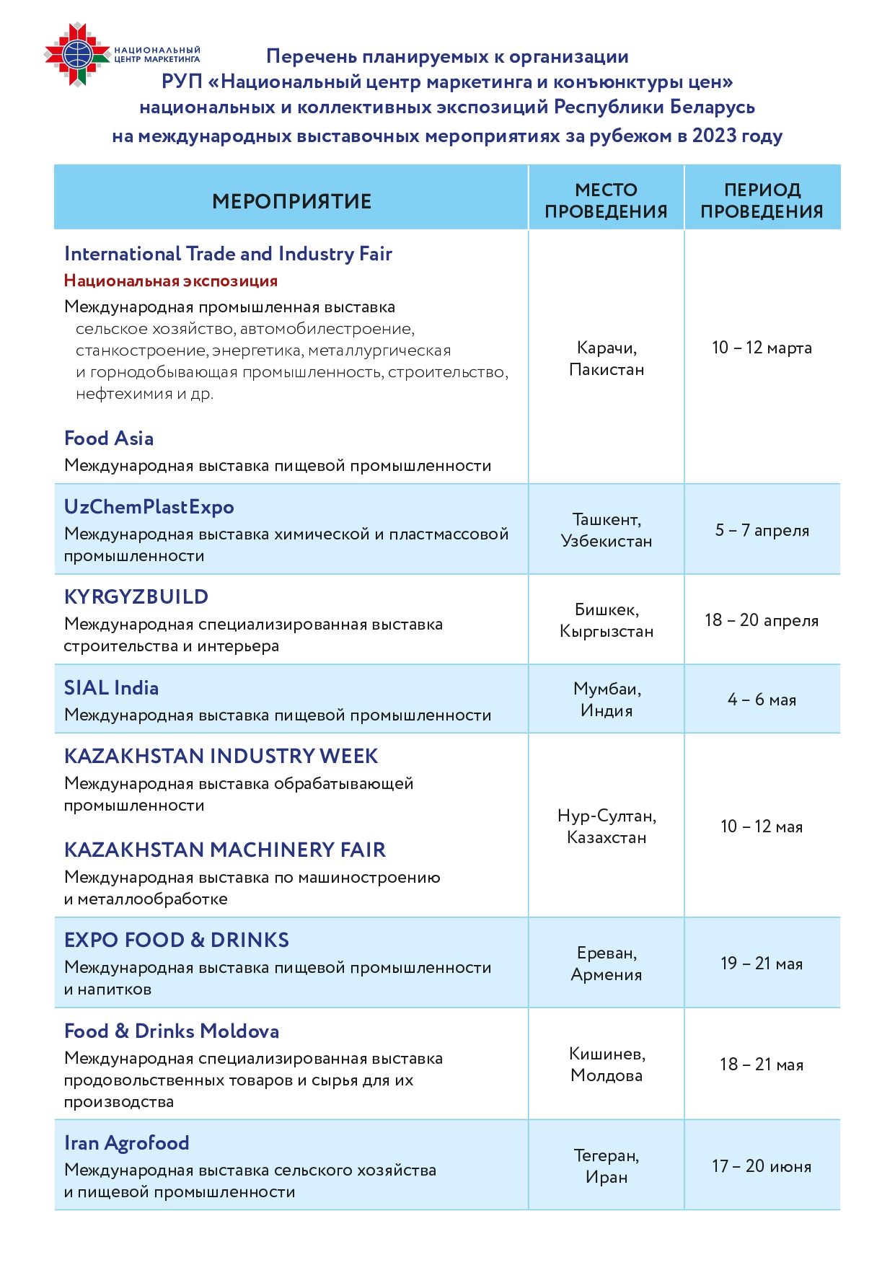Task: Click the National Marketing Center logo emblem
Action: click(77, 54)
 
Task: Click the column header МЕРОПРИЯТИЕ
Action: click(291, 201)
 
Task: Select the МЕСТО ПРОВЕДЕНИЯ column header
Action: click(606, 200)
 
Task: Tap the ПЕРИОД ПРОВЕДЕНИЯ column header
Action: click(762, 200)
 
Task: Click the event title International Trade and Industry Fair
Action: click(228, 254)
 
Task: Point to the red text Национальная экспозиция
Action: click(171, 281)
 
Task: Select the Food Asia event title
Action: click(109, 438)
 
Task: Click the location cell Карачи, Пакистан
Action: click(607, 358)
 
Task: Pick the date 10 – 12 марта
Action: click(762, 348)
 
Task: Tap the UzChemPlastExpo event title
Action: click(149, 507)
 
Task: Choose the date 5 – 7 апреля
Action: click(762, 530)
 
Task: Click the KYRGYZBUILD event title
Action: click(136, 597)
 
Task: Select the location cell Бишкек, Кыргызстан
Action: click(607, 620)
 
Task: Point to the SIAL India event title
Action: click(112, 688)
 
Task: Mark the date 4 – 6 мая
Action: click(762, 700)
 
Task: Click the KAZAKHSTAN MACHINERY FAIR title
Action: click(225, 850)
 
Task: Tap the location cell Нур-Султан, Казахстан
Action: click(607, 827)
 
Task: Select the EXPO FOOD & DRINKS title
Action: click(177, 940)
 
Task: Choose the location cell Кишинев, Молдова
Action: click(607, 1065)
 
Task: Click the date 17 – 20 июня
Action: click(762, 1166)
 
